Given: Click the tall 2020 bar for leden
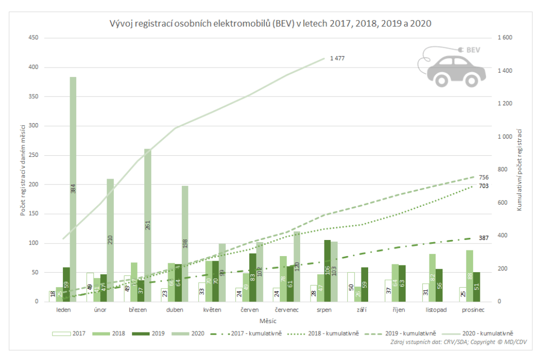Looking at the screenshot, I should [73, 189].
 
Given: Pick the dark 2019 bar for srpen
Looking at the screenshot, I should [327, 271].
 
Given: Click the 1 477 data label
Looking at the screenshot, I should [337, 58].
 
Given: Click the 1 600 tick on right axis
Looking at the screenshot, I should [505, 38].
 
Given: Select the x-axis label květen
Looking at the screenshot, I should [212, 310].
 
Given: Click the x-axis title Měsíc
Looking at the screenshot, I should [268, 322].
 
